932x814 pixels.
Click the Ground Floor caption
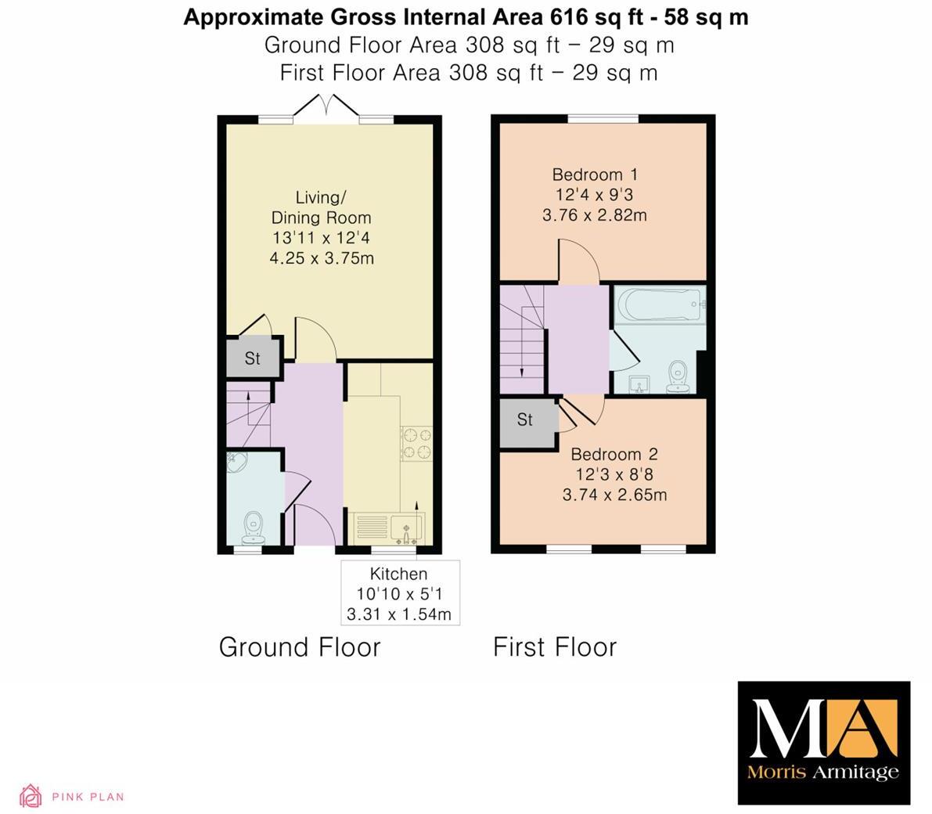click(300, 647)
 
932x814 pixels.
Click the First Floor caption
click(555, 647)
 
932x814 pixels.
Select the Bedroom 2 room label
click(614, 455)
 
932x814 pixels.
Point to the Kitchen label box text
click(399, 574)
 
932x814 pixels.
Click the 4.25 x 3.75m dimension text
click(322, 258)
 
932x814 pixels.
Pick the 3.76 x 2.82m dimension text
click(595, 214)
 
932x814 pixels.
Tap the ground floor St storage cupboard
click(252, 358)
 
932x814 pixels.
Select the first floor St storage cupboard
click(525, 420)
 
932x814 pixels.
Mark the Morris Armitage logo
click(824, 742)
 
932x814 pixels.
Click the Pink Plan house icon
click(31, 796)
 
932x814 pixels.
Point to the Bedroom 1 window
click(603, 118)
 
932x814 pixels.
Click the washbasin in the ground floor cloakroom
click(236, 463)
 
